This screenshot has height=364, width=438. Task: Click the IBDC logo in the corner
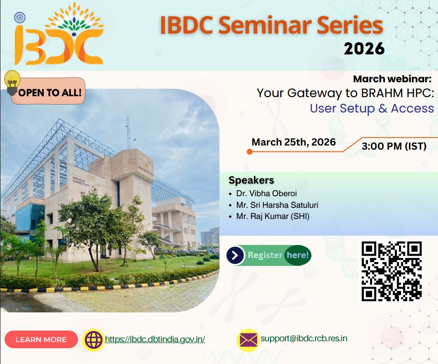(58, 35)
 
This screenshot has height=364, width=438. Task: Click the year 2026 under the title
(364, 48)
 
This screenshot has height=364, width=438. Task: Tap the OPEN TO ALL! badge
(50, 92)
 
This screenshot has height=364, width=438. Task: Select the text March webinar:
(392, 79)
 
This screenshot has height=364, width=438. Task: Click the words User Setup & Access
(371, 108)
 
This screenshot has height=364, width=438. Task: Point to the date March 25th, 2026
(294, 142)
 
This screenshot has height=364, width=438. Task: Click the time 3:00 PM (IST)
(394, 146)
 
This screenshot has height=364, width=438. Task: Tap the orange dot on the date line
(250, 152)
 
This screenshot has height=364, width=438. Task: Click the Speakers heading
(251, 180)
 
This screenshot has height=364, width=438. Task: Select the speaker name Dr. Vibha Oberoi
(266, 193)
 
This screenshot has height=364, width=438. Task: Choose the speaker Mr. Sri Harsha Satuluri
(277, 205)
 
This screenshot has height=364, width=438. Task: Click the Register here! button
(269, 255)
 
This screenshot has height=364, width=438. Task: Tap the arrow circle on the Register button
(235, 255)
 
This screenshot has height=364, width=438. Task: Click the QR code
(392, 271)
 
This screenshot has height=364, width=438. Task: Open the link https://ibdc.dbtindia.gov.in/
(155, 339)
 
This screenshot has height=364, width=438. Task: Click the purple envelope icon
(247, 340)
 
